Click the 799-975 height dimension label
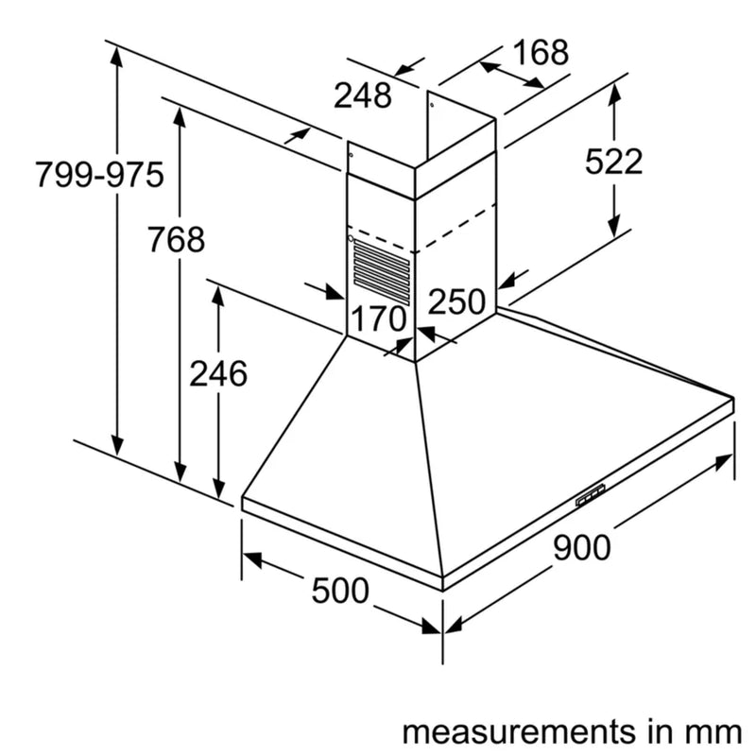(99, 175)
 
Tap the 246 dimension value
(218, 373)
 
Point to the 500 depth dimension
(340, 591)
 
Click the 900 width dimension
(582, 546)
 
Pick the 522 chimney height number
(613, 162)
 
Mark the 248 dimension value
(362, 94)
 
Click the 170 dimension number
(378, 318)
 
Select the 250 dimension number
(456, 302)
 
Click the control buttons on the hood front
(591, 494)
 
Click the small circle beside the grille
(352, 240)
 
